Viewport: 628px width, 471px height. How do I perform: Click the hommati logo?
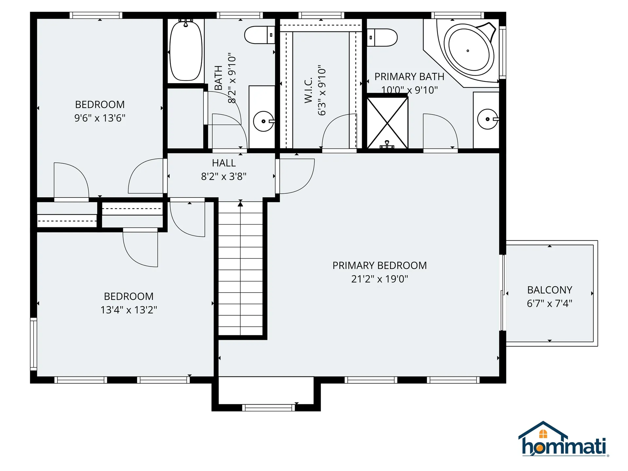pos(563,440)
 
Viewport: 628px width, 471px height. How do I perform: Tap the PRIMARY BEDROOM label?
pos(379,265)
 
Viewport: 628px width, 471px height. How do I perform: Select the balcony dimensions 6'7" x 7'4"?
pos(549,304)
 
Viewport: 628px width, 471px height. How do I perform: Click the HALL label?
pos(224,163)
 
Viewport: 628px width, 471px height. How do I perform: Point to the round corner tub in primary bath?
pos(468,51)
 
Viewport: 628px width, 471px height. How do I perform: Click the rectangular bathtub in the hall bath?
pos(186,51)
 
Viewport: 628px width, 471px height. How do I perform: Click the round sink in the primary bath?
pos(487,119)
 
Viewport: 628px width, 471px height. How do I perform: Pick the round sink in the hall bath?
pos(263,121)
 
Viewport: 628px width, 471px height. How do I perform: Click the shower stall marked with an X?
pos(387,123)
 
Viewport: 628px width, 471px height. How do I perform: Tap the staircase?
pos(240,268)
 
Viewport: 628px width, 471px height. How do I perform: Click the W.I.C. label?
pos(308,91)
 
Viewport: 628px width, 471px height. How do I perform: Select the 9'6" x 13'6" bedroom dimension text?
pos(100,118)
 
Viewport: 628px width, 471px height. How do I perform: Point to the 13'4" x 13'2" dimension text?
pos(129,310)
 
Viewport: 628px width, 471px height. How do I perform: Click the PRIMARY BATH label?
pos(409,77)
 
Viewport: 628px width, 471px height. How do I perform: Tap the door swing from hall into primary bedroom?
pos(296,177)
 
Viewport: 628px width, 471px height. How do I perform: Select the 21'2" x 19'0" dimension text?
pos(379,279)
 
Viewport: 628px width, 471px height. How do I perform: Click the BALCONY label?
pos(549,290)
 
